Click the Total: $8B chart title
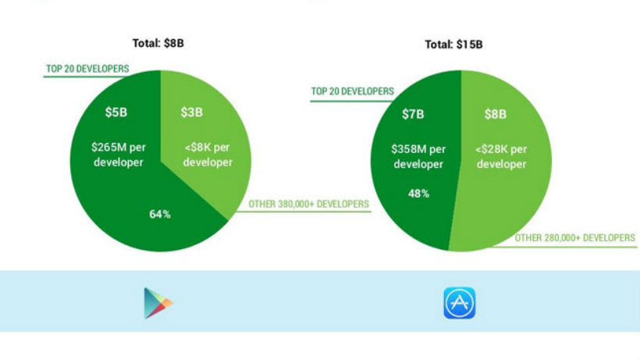click(158, 43)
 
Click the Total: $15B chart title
click(454, 45)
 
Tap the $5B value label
click(116, 112)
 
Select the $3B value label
click(192, 112)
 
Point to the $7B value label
click(413, 114)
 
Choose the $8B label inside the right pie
click(496, 114)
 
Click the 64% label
click(160, 214)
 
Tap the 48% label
click(419, 194)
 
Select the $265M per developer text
click(119, 155)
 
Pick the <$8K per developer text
click(208, 155)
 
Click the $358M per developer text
click(418, 156)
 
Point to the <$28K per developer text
click(501, 156)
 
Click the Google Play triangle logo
click(158, 303)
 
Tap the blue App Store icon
click(460, 303)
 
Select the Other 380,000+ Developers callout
click(308, 204)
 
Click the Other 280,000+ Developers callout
click(574, 238)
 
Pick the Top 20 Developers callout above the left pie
click(87, 69)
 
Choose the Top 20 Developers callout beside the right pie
click(353, 91)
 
